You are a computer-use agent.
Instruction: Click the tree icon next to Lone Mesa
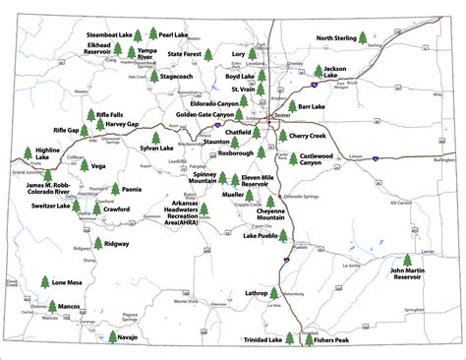[x=44, y=283]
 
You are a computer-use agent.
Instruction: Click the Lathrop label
[x=256, y=293]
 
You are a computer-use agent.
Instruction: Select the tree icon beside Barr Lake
[x=291, y=105]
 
